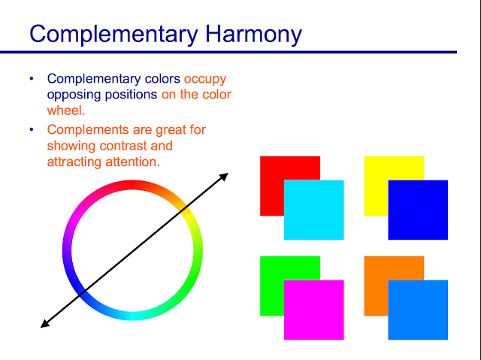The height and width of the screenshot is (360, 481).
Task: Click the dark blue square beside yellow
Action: pos(418,210)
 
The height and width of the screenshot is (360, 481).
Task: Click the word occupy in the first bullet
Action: pos(205,78)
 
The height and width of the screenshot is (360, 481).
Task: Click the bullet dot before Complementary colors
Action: pos(32,78)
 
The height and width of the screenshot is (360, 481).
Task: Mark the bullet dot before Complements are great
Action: pos(32,130)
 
